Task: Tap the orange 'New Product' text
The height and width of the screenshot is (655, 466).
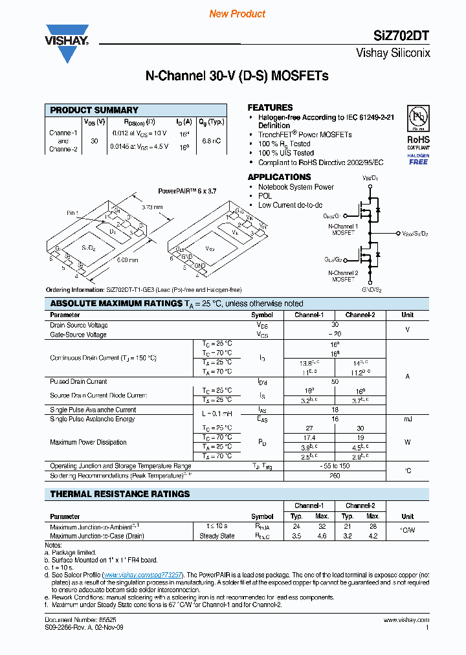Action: tap(238, 14)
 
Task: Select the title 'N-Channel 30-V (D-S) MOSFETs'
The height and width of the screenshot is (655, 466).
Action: tap(237, 76)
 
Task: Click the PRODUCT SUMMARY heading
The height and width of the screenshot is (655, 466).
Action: tap(94, 110)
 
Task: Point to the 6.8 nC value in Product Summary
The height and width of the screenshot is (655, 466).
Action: tap(212, 140)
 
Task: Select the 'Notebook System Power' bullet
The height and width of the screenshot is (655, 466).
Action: tap(296, 187)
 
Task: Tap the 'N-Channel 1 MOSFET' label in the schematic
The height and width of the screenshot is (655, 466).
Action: tap(342, 229)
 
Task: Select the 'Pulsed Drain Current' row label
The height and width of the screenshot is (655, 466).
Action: tap(78, 382)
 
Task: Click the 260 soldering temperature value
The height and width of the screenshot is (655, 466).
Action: tap(335, 476)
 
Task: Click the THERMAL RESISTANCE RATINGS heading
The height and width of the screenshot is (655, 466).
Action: tap(120, 494)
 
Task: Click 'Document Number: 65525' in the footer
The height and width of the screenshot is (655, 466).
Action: tap(80, 620)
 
